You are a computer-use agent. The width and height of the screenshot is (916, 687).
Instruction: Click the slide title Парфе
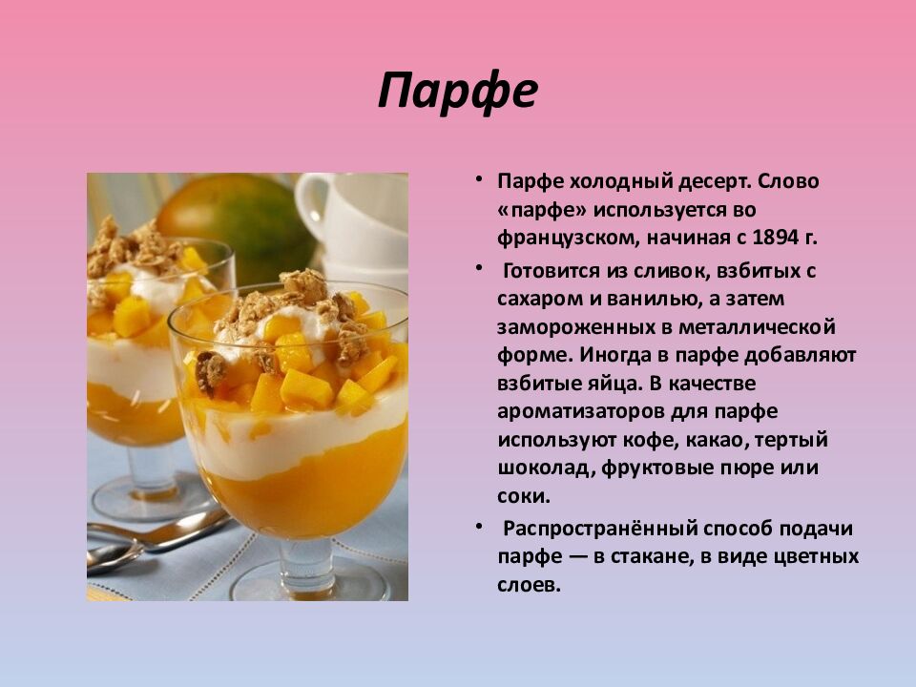[x=458, y=92]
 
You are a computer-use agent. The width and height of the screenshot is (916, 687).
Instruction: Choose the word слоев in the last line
[x=526, y=585]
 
